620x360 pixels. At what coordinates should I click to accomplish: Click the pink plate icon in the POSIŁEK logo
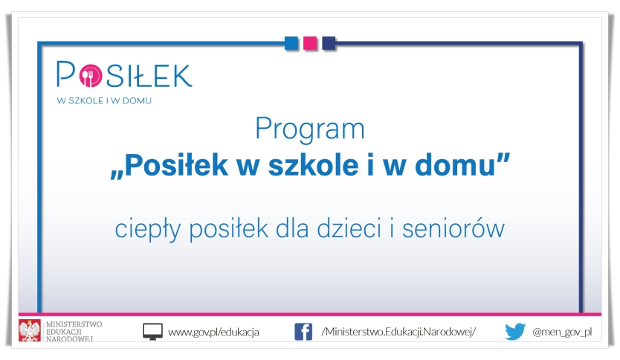coord(91,75)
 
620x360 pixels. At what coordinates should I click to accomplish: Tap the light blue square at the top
coord(291,43)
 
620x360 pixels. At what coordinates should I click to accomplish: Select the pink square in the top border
coord(310,43)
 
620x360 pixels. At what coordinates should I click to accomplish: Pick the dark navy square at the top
coord(329,43)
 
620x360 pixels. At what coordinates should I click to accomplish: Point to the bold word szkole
coord(313,164)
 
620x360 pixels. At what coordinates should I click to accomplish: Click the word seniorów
coord(453,228)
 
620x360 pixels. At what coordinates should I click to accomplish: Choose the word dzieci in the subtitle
coord(349,228)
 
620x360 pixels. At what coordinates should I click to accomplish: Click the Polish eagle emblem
coord(30,330)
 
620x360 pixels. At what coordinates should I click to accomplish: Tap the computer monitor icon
coord(152,332)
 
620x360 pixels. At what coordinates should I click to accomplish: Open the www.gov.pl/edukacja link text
coord(213,332)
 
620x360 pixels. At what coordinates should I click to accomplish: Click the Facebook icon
coord(303,332)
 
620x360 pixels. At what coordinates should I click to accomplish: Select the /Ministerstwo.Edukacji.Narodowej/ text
coord(398,332)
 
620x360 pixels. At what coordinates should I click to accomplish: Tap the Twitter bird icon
coord(515,332)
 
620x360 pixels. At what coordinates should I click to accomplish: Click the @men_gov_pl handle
coord(562,332)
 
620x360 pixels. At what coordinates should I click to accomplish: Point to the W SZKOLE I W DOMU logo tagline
coord(104,100)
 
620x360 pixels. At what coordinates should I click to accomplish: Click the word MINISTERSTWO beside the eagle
coord(74,324)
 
